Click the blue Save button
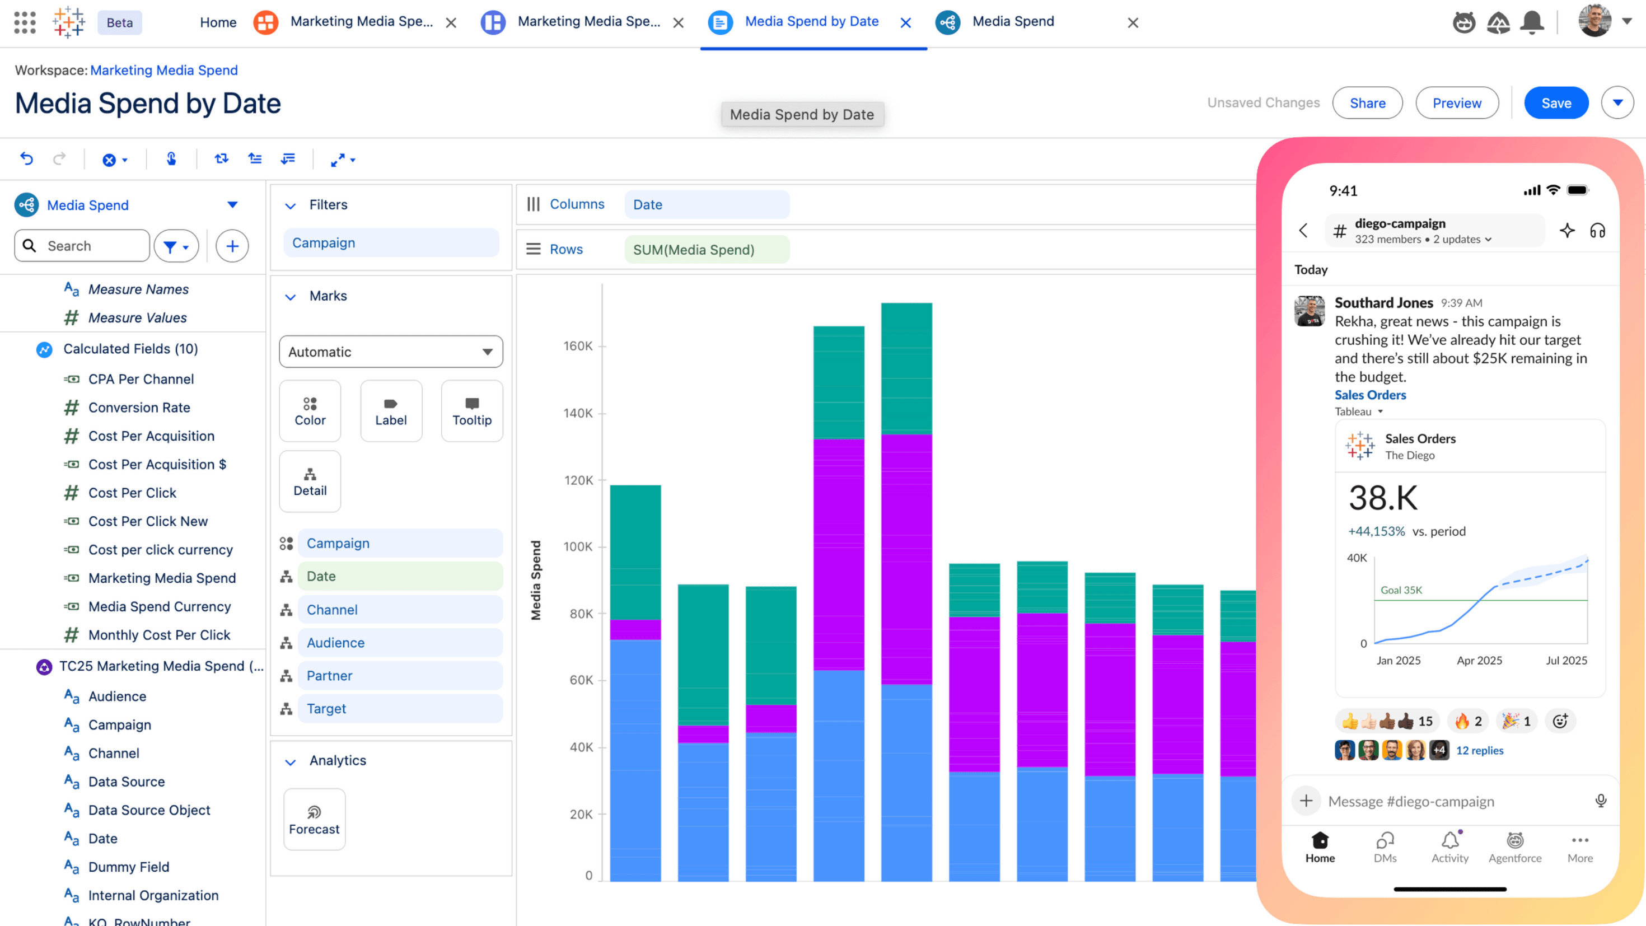point(1556,103)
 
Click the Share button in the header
point(1367,103)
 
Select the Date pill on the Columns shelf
point(706,204)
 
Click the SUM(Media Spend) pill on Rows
point(706,250)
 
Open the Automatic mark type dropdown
point(390,352)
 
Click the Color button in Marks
point(310,411)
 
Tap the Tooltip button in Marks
point(471,411)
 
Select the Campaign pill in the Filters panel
point(390,243)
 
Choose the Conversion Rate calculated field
point(139,408)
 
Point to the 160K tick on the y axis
point(578,347)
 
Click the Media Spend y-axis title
point(535,579)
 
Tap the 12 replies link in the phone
point(1479,750)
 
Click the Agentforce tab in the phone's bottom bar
point(1514,847)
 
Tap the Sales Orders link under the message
point(1370,395)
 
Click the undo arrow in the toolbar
point(27,158)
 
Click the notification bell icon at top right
point(1532,22)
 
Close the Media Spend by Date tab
point(905,23)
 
